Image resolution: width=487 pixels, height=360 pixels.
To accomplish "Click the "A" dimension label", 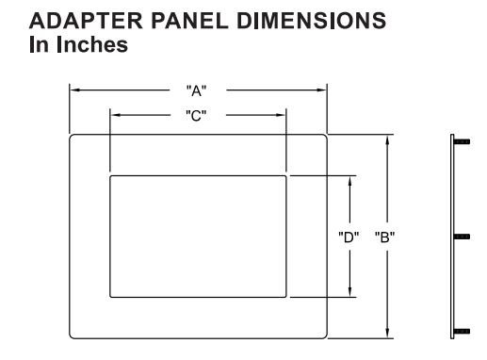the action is click(x=198, y=91).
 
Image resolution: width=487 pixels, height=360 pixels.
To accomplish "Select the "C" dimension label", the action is click(x=198, y=114).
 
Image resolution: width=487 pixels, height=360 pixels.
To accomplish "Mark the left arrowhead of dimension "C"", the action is click(x=115, y=114).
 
